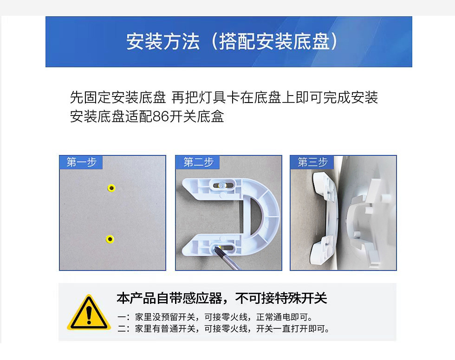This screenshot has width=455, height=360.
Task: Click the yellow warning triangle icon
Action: pyautogui.click(x=89, y=313)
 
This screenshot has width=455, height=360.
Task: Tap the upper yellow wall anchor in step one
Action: pyautogui.click(x=111, y=188)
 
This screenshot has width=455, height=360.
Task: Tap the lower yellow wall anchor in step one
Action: pyautogui.click(x=110, y=239)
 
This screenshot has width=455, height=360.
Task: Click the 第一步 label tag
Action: pyautogui.click(x=81, y=162)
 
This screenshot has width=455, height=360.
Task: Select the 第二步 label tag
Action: pyautogui.click(x=198, y=162)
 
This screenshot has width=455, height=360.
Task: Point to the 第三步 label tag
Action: pyautogui.click(x=312, y=162)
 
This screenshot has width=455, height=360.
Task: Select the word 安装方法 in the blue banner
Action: pyautogui.click(x=163, y=42)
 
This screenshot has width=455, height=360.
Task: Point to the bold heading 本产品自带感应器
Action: pyautogui.click(x=172, y=298)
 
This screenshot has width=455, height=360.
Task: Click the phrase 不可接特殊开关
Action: pyautogui.click(x=281, y=298)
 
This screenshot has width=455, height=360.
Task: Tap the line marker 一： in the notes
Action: pyautogui.click(x=123, y=318)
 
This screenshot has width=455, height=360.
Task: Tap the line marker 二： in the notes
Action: pyautogui.click(x=123, y=329)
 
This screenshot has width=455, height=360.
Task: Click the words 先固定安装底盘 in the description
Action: pyautogui.click(x=118, y=97)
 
